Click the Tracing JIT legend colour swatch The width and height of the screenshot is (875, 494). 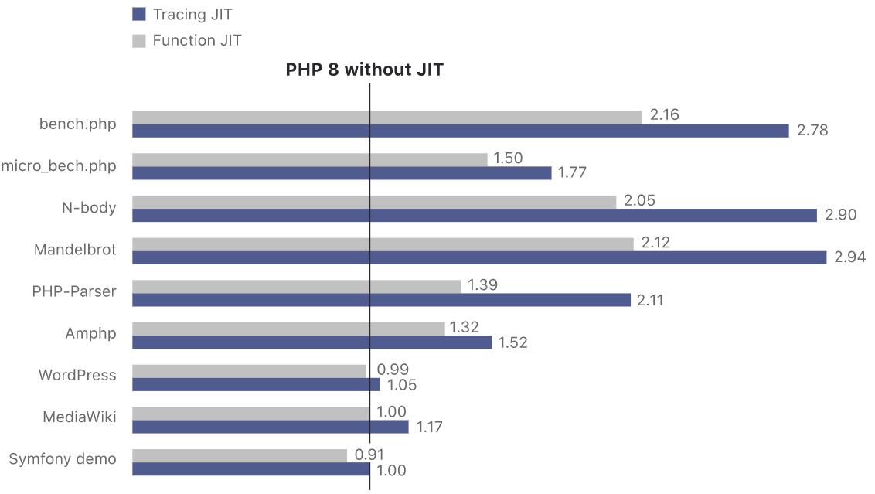[x=139, y=14]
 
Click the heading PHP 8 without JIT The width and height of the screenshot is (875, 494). [x=365, y=70]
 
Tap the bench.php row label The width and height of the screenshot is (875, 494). [x=78, y=124]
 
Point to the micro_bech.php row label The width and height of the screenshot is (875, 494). [x=60, y=165]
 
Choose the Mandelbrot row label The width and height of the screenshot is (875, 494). [x=75, y=250]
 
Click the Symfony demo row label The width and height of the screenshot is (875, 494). [x=63, y=459]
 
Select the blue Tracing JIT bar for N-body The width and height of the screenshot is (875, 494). [x=474, y=215]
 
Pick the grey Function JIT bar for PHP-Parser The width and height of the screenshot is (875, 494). [x=296, y=286]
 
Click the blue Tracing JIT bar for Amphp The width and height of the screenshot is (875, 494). [x=312, y=342]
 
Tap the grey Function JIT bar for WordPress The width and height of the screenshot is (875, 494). [x=249, y=370]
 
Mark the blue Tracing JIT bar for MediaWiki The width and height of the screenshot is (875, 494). [x=270, y=426]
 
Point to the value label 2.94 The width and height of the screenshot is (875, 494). [x=849, y=257]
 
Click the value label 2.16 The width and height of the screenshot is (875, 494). [x=665, y=115]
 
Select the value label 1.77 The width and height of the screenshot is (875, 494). [x=574, y=172]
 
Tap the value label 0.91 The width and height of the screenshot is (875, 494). [x=369, y=455]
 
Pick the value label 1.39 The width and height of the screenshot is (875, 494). [x=482, y=285]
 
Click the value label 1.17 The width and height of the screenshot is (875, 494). [x=431, y=426]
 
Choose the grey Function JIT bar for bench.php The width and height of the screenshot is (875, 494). [x=386, y=117]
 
